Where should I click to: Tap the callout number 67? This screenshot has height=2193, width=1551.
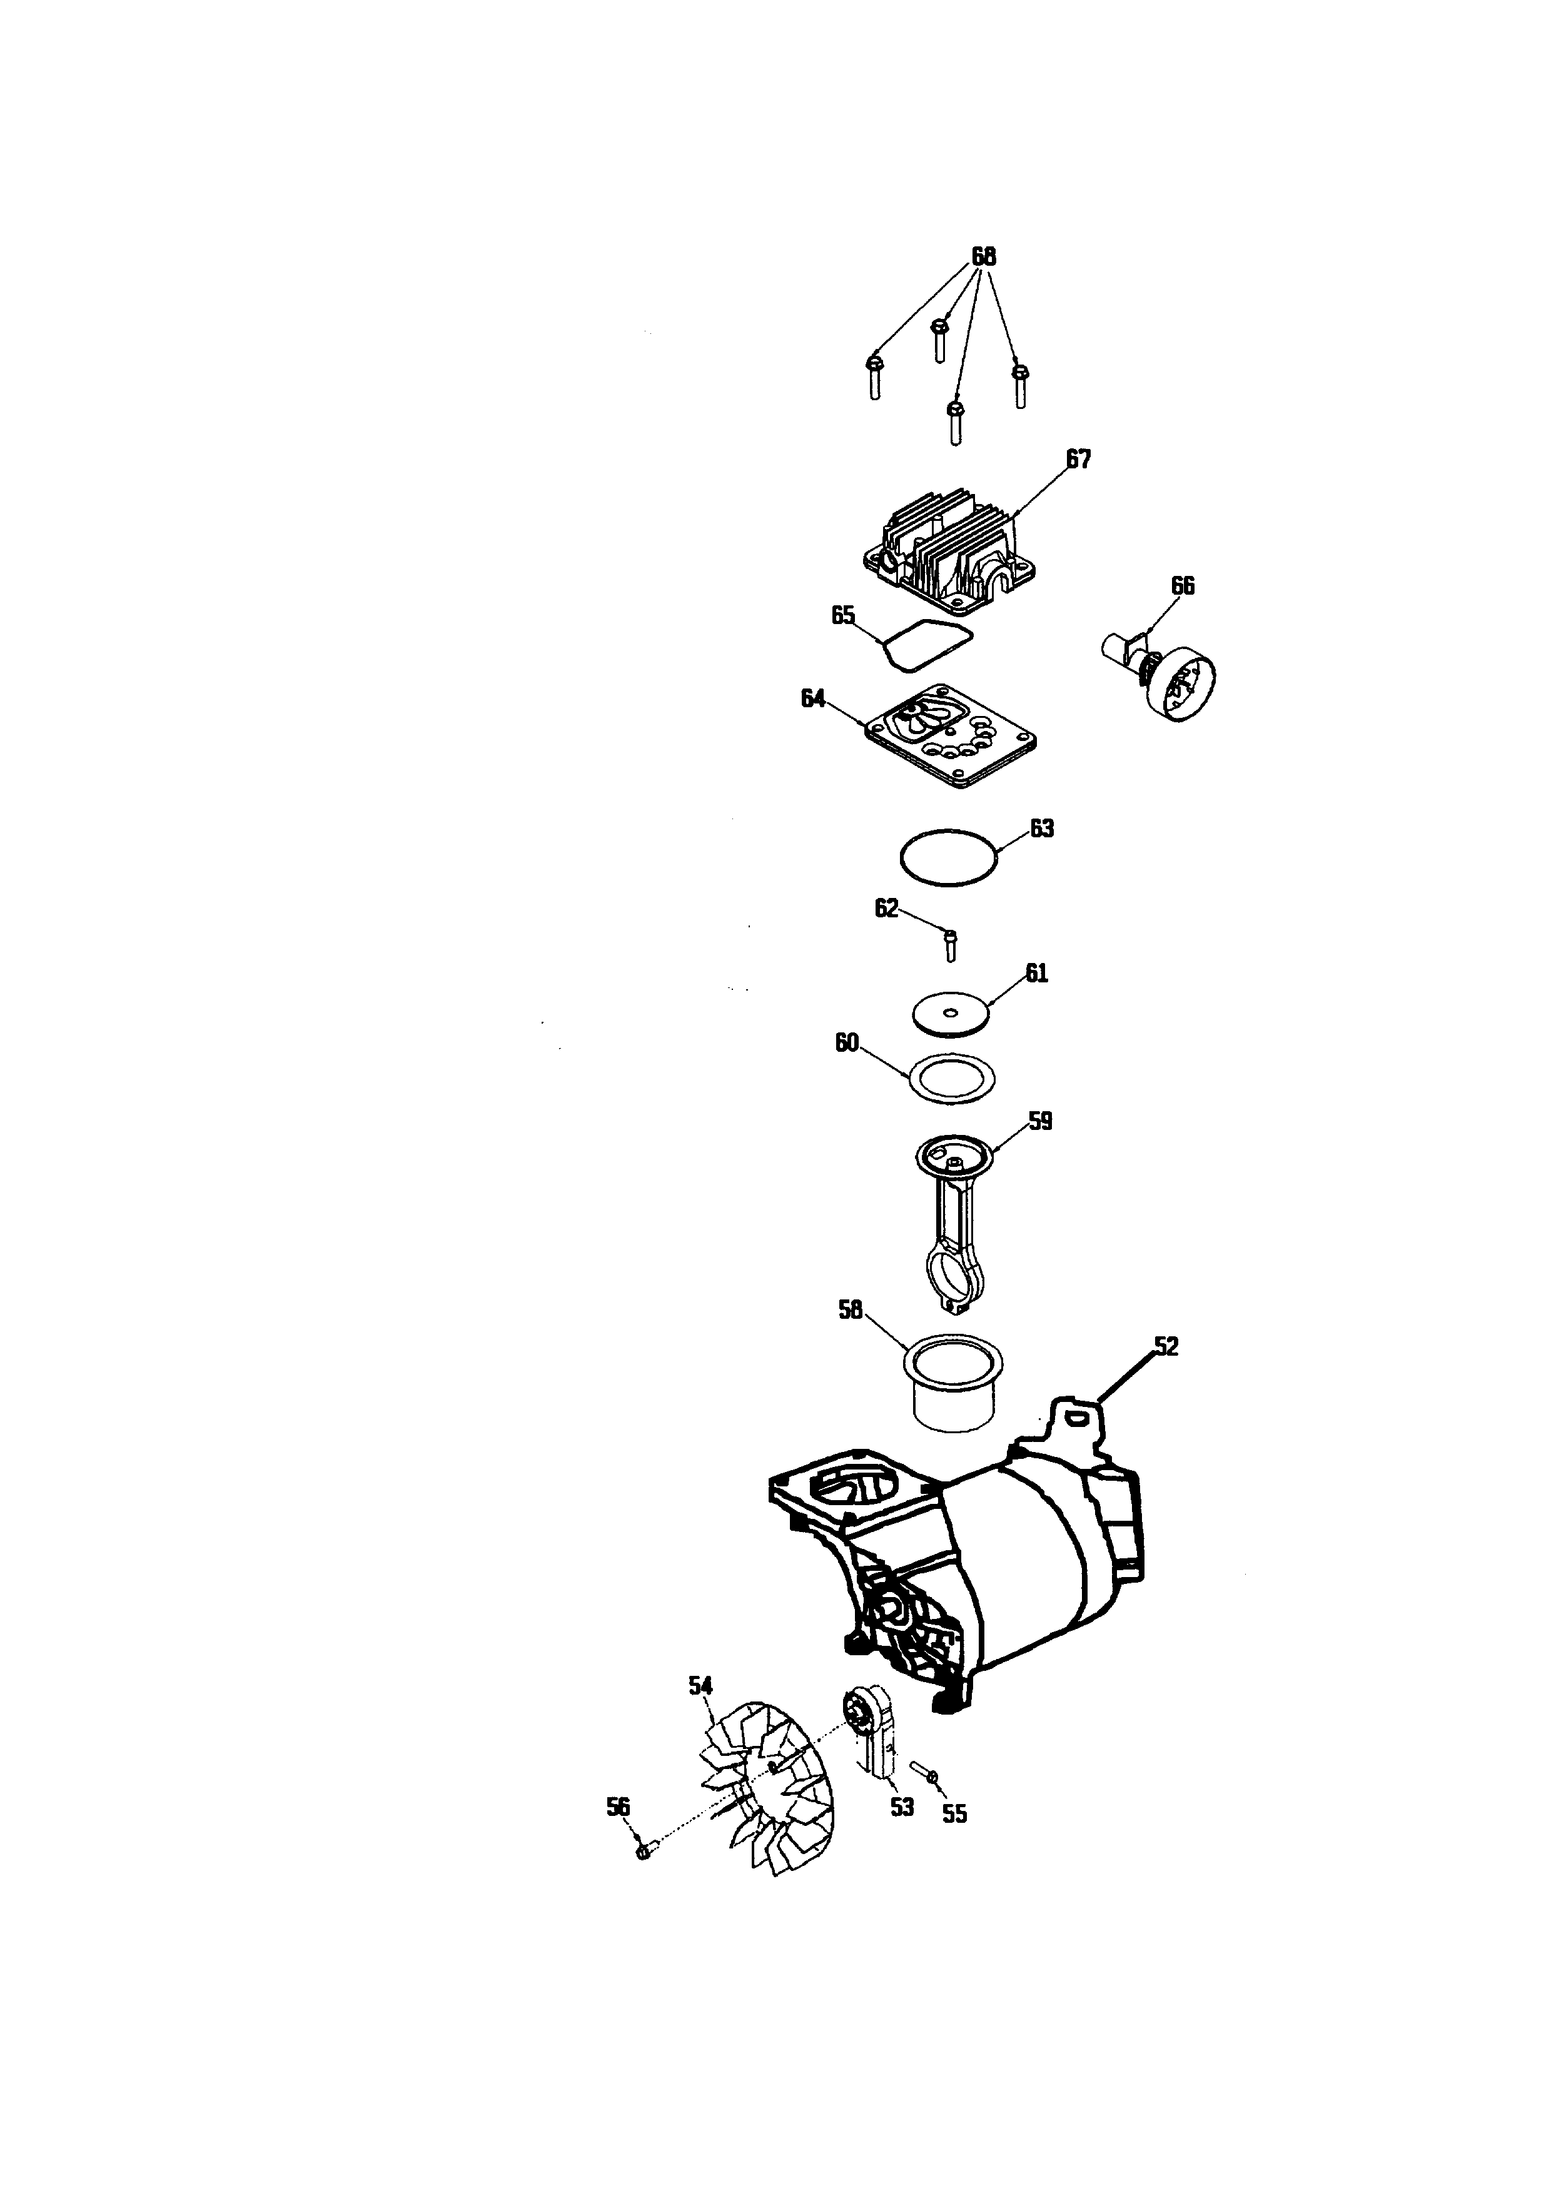(x=1078, y=460)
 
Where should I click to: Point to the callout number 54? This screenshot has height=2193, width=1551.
(x=701, y=1686)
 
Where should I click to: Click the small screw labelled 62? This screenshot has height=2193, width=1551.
(x=949, y=945)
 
